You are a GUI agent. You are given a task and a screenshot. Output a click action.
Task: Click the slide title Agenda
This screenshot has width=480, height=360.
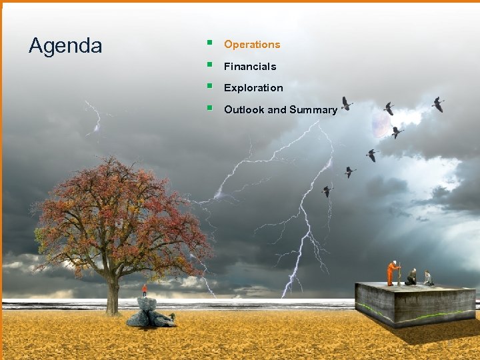tap(65, 46)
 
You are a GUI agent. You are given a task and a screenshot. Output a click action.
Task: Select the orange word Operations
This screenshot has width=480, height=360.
tap(252, 45)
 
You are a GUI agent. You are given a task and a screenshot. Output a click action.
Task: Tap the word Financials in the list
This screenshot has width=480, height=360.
tap(250, 67)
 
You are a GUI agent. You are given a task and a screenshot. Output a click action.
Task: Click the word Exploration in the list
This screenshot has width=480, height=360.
tap(253, 88)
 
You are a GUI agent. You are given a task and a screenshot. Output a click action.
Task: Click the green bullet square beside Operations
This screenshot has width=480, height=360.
tap(209, 43)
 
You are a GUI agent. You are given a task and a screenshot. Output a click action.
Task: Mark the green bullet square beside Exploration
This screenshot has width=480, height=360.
tap(209, 87)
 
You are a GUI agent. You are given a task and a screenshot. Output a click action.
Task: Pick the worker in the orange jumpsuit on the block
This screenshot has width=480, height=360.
tap(393, 273)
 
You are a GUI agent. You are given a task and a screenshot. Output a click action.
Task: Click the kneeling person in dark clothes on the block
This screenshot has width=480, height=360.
tap(412, 277)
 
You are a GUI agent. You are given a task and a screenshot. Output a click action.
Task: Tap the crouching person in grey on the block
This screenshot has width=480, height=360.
tap(427, 278)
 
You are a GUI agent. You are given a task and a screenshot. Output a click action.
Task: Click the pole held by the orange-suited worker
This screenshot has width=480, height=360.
tap(399, 274)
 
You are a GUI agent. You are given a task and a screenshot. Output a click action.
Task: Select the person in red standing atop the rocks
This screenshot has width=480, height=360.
tap(145, 290)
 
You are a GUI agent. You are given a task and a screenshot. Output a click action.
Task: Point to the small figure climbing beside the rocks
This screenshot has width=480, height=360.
tap(172, 315)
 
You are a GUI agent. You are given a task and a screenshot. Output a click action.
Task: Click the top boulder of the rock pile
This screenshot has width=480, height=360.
tap(147, 303)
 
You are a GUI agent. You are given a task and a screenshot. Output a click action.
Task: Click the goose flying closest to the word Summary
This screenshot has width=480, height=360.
tap(346, 103)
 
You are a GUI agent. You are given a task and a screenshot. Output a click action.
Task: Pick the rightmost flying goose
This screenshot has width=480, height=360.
tap(438, 104)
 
